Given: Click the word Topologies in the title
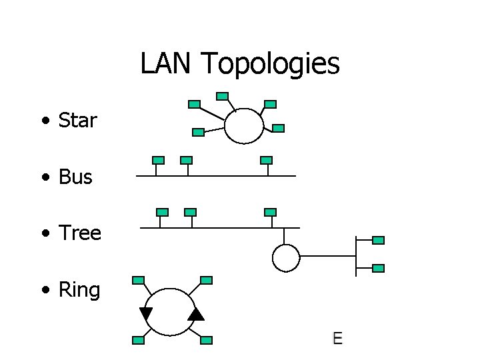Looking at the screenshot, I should pyautogui.click(x=270, y=64).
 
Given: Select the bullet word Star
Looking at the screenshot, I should pyautogui.click(x=78, y=121).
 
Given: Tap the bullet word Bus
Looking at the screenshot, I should pyautogui.click(x=76, y=177).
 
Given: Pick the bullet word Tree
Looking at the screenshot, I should pyautogui.click(x=80, y=233).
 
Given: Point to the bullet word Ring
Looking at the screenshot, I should pyautogui.click(x=79, y=290).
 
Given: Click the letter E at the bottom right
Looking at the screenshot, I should pyautogui.click(x=337, y=338).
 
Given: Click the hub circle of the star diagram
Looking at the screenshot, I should pyautogui.click(x=244, y=125).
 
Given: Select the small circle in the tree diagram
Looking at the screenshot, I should pyautogui.click(x=286, y=257).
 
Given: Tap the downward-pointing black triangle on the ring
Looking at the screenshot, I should pyautogui.click(x=146, y=314).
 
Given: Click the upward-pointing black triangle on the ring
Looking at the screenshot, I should pyautogui.click(x=196, y=314).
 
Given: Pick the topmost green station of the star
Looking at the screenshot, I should pyautogui.click(x=223, y=96).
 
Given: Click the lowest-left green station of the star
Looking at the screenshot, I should pyautogui.click(x=198, y=132).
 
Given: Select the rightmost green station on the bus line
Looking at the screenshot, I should pyautogui.click(x=266, y=160).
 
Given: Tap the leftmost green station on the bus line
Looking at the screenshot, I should pyautogui.click(x=158, y=160).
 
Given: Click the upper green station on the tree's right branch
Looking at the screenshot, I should pyautogui.click(x=378, y=240).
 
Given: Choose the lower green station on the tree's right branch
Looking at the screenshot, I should pyautogui.click(x=378, y=268).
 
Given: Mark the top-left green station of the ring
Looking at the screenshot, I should pyautogui.click(x=139, y=280).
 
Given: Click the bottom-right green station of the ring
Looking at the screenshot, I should pyautogui.click(x=206, y=340).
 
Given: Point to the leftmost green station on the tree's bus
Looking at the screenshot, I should pyautogui.click(x=162, y=212).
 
